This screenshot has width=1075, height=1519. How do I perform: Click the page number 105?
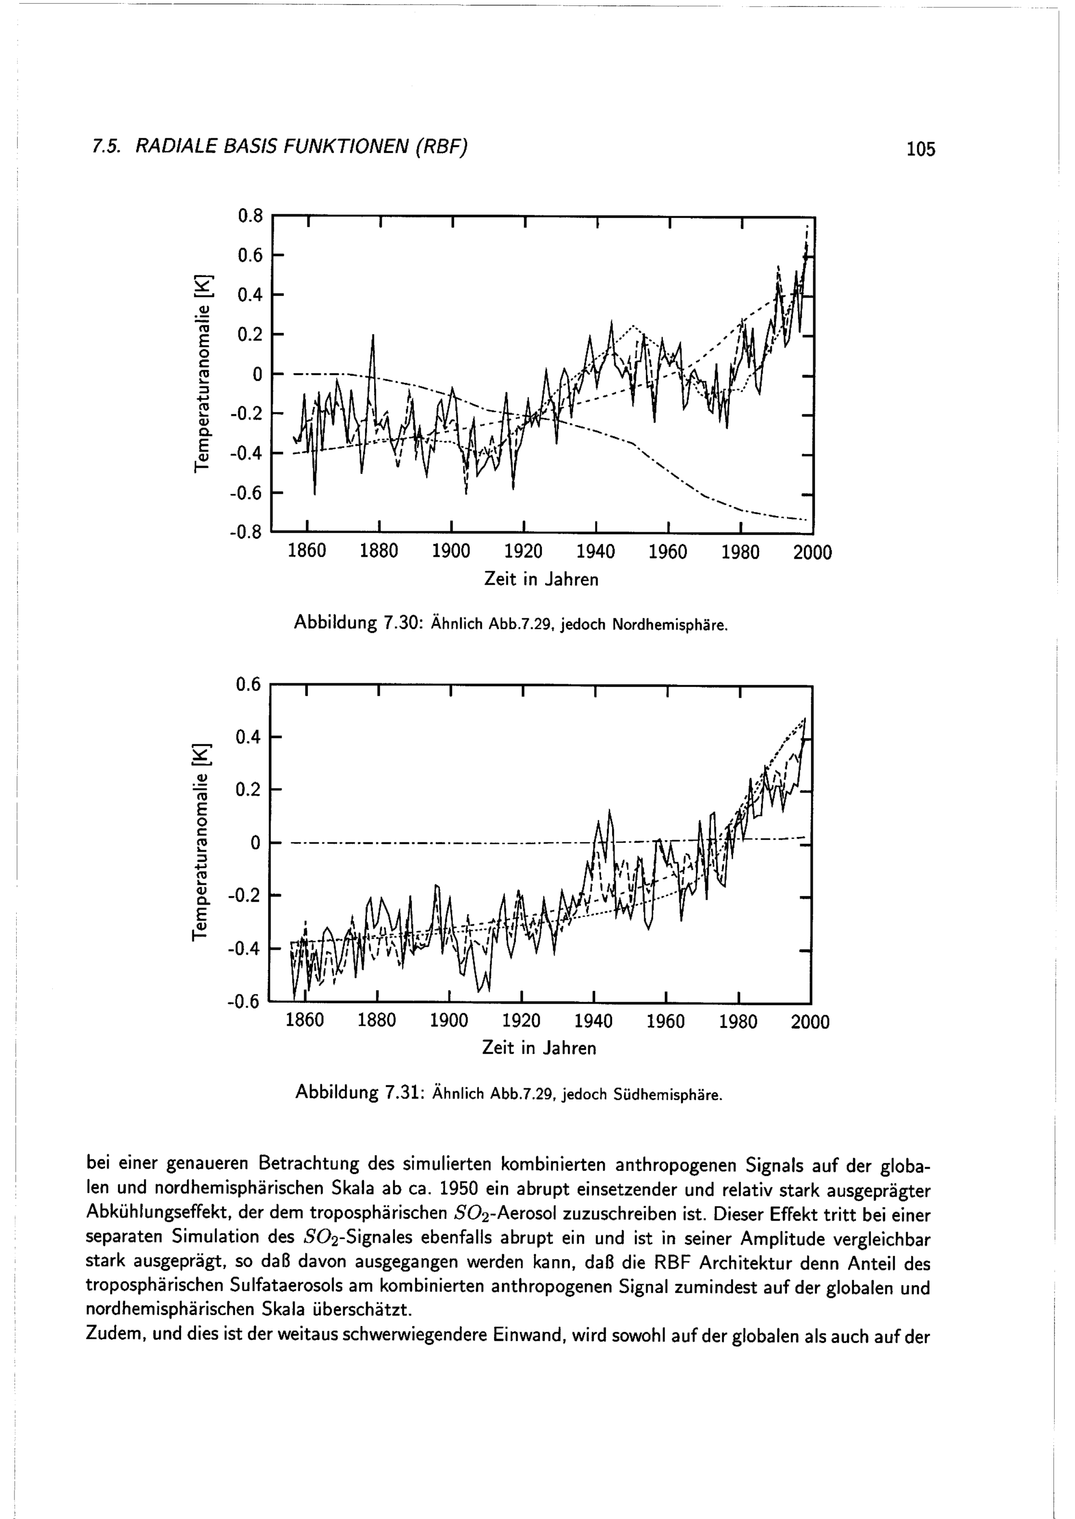[921, 149]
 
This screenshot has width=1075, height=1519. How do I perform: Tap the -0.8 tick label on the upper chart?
[246, 533]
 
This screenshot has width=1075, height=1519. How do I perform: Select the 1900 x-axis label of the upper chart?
[451, 552]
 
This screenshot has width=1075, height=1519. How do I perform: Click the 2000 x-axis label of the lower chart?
[809, 1022]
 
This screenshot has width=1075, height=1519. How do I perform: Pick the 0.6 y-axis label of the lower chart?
[249, 685]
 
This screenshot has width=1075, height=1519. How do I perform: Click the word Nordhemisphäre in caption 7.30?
[670, 625]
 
